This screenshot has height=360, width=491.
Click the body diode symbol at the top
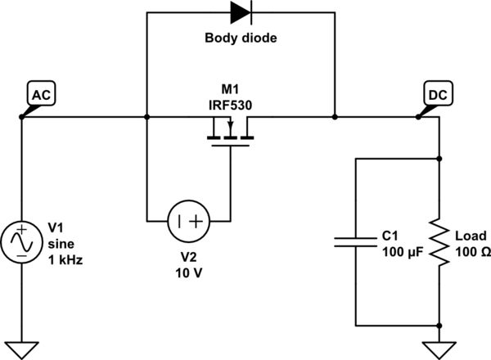241,12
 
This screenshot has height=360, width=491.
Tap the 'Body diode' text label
241,38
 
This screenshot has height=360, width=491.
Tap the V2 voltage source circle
188,221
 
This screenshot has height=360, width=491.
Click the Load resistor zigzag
441,243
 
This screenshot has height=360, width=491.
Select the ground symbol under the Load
441,344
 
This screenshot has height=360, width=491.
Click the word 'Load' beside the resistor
471,236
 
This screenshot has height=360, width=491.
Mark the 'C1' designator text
391,236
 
